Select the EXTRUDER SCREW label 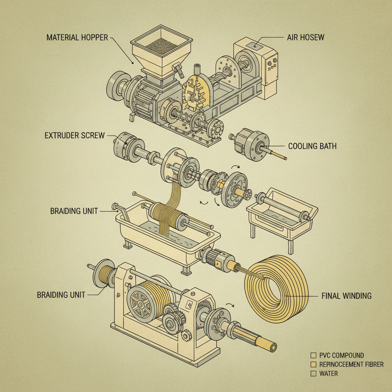point(75,136)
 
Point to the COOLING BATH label point(312,146)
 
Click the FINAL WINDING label point(346,296)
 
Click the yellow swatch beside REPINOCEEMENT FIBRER point(313,364)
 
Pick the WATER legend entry point(328,373)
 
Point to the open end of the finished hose point(273,347)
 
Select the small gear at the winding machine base point(186,336)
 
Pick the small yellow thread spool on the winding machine point(105,275)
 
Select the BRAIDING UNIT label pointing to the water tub point(74,211)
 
